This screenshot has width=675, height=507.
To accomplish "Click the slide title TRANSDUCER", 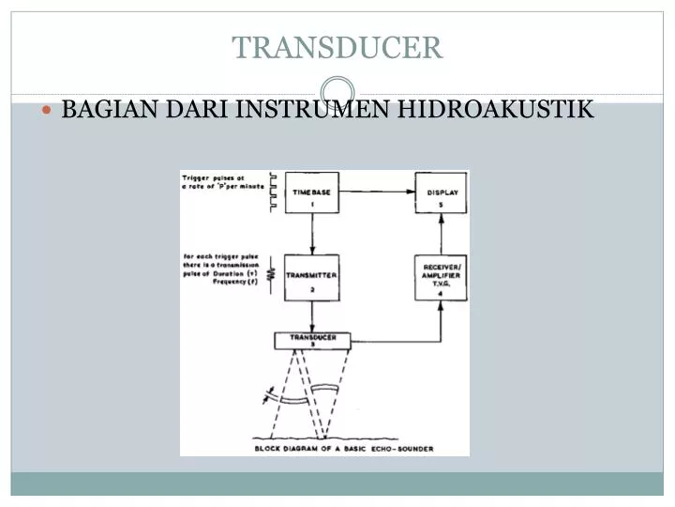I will [x=337, y=47].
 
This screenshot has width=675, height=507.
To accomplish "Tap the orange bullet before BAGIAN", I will [x=49, y=111].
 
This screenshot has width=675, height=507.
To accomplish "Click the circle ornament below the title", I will [x=337, y=91].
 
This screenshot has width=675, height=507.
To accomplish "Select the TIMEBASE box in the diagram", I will [x=311, y=193].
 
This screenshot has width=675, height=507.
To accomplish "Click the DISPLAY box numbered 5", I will [x=442, y=193].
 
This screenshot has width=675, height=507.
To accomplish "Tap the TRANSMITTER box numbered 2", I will [x=311, y=278].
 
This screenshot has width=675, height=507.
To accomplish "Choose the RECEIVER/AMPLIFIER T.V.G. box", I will [x=442, y=278].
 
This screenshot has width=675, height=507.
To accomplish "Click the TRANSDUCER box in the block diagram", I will [x=313, y=340].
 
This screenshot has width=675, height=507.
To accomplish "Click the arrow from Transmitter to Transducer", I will [x=311, y=316].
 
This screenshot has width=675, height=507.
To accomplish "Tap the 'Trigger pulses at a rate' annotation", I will [x=214, y=181].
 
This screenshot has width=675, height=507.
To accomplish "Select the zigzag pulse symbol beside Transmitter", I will [x=273, y=275].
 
